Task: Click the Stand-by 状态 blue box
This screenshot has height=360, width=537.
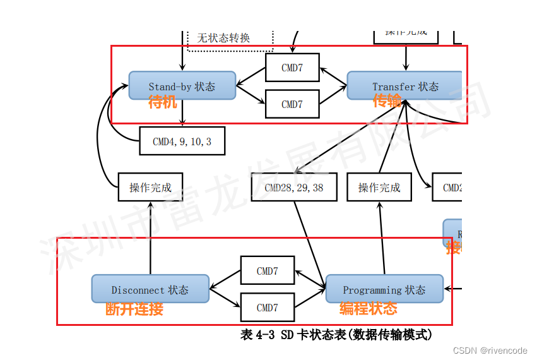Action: pos(182,85)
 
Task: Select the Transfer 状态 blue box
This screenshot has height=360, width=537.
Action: pos(404,85)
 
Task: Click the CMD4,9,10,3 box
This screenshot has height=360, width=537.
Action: pos(182,141)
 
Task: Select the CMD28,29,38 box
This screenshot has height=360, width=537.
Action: pos(294,187)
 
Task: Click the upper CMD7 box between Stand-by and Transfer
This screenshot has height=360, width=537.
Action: pos(292,68)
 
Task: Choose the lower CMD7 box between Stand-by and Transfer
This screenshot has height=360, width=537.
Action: pos(292,104)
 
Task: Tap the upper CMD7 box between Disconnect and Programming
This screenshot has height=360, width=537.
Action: pos(268,270)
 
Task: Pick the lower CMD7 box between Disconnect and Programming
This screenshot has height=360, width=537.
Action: pos(268,308)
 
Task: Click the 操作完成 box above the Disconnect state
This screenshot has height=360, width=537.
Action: pos(150,187)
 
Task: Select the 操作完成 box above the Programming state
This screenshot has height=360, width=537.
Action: pos(379,187)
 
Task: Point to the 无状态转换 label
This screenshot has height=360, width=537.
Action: pos(223,38)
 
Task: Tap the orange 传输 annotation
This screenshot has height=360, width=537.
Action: pos(387,101)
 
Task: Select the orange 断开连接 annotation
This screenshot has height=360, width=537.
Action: pos(134,309)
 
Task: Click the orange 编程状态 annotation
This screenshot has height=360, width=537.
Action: pos(369,309)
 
